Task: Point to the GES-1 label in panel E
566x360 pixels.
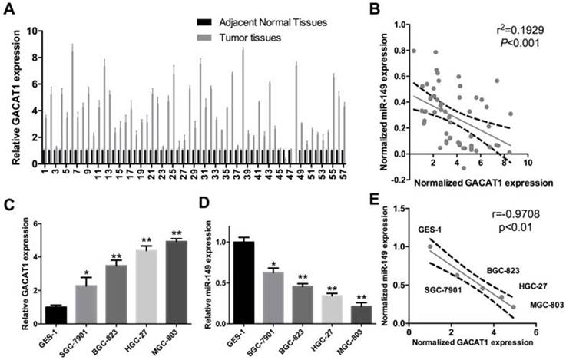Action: [429, 229]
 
